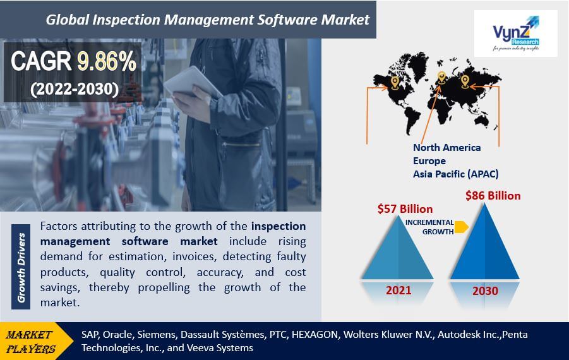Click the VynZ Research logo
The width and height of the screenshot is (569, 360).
(x=516, y=33)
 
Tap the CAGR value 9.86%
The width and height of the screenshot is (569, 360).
(x=107, y=61)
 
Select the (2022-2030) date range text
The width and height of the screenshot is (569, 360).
(x=75, y=89)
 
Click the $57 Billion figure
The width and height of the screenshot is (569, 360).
(x=405, y=209)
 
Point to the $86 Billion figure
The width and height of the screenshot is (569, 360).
(x=493, y=196)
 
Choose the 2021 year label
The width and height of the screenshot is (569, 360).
(x=398, y=291)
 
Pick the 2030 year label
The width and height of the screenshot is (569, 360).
(x=485, y=291)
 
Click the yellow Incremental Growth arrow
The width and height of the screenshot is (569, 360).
(x=461, y=227)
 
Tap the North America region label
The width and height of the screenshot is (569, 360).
(x=446, y=148)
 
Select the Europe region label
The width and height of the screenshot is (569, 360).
(x=429, y=161)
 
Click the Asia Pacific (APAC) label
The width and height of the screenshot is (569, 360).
(x=456, y=174)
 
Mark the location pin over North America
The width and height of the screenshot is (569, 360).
(x=395, y=82)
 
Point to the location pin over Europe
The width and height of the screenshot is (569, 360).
(x=441, y=78)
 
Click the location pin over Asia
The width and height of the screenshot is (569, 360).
(x=465, y=81)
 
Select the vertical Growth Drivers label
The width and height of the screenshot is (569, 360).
(x=21, y=267)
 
